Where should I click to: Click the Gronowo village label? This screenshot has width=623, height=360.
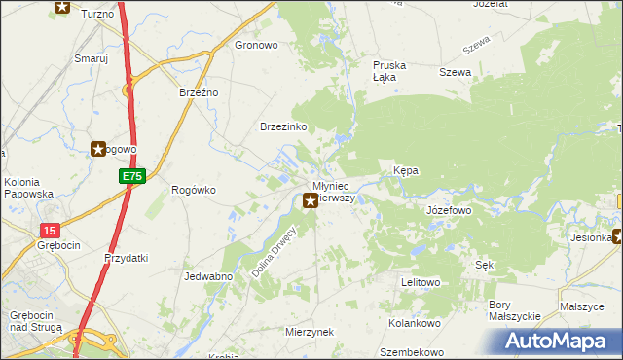[257, 45]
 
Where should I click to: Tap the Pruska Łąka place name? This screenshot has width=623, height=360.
[389, 71]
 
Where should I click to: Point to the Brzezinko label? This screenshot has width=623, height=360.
[283, 127]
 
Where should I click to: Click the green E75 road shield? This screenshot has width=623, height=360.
[133, 176]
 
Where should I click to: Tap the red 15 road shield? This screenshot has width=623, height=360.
[50, 230]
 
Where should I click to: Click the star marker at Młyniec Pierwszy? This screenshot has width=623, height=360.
[311, 201]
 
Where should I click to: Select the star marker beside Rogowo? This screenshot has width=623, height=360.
[98, 149]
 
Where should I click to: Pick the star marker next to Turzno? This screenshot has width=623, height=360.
[62, 7]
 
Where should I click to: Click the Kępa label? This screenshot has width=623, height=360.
[406, 170]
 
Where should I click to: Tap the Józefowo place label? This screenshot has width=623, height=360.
[449, 210]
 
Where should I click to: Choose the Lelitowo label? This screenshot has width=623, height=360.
[421, 282]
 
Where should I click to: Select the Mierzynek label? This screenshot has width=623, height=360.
[311, 332]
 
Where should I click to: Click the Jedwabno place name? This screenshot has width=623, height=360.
[207, 276]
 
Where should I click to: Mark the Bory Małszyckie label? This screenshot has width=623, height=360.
[514, 310]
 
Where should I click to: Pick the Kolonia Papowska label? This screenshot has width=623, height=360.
[28, 188]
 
